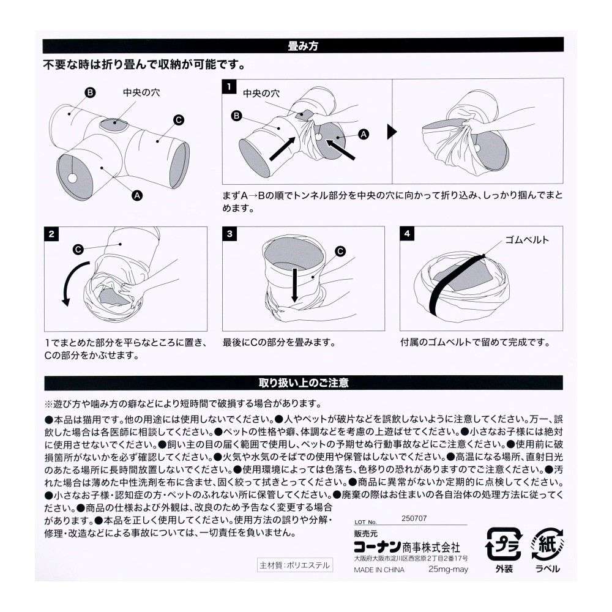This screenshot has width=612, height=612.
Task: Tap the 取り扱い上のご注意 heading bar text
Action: click(304, 383)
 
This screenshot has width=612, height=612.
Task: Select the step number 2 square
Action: click(52, 234)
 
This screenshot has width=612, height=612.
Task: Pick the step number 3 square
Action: click(229, 234)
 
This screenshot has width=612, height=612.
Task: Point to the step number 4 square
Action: click(407, 234)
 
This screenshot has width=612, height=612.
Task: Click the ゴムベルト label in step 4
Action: click(527, 240)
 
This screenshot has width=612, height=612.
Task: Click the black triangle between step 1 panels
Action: click(392, 132)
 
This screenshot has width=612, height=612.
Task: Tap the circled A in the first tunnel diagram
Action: click(137, 195)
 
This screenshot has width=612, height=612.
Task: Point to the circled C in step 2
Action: click(78, 249)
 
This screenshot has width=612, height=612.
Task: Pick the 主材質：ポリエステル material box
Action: click(294, 565)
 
